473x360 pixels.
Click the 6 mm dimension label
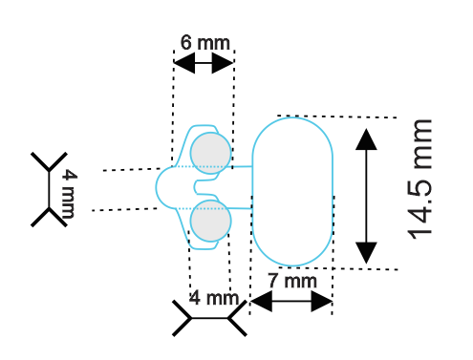point(204,43)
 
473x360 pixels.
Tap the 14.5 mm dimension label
point(419,179)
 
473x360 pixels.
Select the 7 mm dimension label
point(292,281)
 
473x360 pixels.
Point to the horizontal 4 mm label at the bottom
point(214,298)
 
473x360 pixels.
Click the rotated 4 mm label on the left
point(69,194)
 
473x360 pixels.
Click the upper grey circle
point(210,153)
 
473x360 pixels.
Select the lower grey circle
point(210,221)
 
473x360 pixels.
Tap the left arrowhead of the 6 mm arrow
point(184,63)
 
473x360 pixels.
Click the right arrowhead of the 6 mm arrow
point(223,63)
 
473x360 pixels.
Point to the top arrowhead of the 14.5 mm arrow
point(366,139)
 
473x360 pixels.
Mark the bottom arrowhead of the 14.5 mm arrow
point(366,253)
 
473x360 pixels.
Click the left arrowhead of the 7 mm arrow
point(262,301)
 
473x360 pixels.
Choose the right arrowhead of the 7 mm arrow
point(322,301)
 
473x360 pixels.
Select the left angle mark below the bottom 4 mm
point(183,318)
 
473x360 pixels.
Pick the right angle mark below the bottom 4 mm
point(237,318)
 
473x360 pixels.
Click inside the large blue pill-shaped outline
point(292,191)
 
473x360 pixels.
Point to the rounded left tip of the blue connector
point(157,187)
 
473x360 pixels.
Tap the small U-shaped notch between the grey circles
point(195,187)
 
